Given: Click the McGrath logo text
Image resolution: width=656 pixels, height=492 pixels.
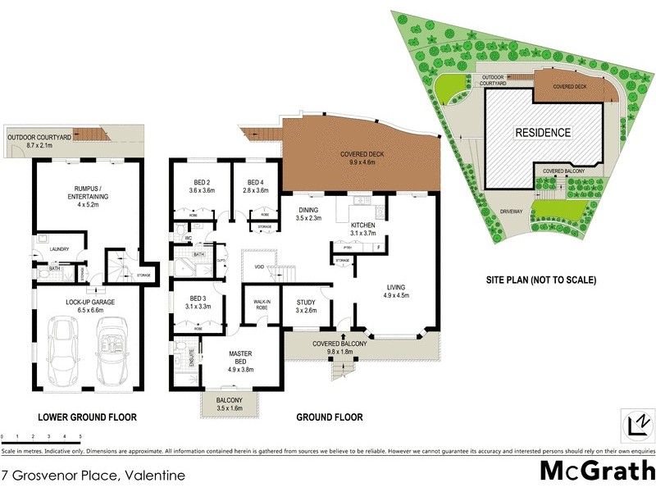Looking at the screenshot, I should pyautogui.click(x=596, y=471).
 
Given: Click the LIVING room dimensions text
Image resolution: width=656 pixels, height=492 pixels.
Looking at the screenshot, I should pyautogui.click(x=397, y=294).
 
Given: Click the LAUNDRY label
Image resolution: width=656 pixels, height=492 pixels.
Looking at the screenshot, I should pyautogui.click(x=58, y=249).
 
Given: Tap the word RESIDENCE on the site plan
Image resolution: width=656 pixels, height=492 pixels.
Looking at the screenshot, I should pyautogui.click(x=542, y=131).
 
